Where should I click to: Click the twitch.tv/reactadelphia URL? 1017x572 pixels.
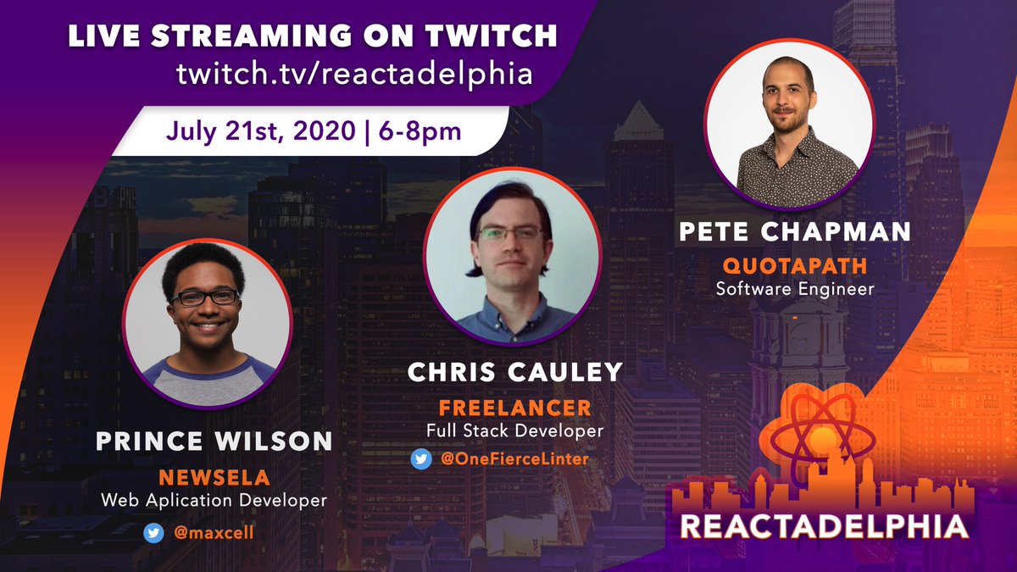coord(354,74)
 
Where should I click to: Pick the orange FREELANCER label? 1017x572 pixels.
coord(514,408)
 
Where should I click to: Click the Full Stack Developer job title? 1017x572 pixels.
coord(514,430)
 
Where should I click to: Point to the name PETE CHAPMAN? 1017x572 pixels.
coord(795,231)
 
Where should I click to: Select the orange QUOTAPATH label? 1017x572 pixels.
coord(795,266)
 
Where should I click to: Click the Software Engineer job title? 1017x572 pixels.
coord(795,289)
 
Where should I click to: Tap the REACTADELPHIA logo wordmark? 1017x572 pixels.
coord(824,526)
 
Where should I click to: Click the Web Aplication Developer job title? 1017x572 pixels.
coord(214,501)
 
